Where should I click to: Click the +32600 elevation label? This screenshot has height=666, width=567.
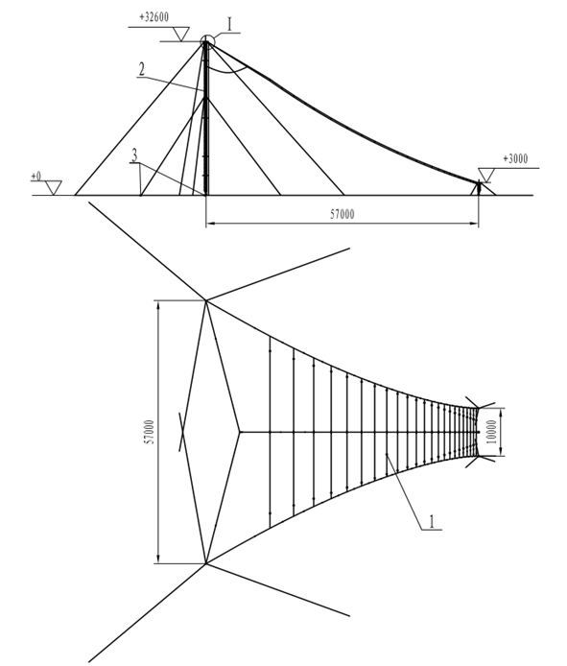pos(154,17)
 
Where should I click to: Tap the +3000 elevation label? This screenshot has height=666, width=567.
pos(515,159)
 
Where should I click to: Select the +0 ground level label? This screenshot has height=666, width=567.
pos(36,177)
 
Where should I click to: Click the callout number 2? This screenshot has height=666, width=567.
pos(142,69)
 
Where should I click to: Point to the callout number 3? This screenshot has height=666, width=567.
pos(134,155)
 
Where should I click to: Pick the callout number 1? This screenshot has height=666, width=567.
pos(432,522)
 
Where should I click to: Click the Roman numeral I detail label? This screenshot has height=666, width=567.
pos(229,25)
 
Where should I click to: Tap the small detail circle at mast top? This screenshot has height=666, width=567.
pos(207,41)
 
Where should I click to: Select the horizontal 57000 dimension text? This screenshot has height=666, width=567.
pos(343,215)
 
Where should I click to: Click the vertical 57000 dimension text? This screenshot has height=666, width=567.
pos(150,433)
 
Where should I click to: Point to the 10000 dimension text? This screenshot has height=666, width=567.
pos(492,432)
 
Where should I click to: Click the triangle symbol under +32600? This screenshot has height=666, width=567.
pos(181,34)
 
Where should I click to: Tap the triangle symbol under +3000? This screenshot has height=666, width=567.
pos(486,175)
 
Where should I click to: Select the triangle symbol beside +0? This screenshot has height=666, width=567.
pos(54,188)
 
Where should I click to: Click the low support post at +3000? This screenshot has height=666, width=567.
pos(479,188)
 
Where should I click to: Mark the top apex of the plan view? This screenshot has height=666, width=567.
pos(206,300)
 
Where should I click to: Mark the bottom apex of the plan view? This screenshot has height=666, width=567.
pos(206,564)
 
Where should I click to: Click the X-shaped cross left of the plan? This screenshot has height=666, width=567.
pos(181,432)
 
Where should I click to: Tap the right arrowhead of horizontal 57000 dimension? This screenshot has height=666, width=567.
pos(475,223)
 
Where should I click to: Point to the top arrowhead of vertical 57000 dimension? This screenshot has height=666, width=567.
pos(158,304)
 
